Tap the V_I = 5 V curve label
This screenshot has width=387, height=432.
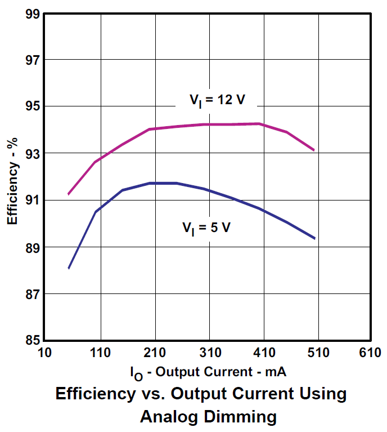pos(206,228)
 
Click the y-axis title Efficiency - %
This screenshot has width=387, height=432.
pos(12,176)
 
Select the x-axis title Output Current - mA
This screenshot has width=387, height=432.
pos(209,372)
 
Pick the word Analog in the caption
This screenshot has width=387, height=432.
pos(168,417)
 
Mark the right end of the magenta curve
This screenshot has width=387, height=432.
pos(314,150)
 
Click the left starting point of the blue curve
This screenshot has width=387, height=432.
pos(68,268)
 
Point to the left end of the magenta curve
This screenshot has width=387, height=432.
pos(68,194)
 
